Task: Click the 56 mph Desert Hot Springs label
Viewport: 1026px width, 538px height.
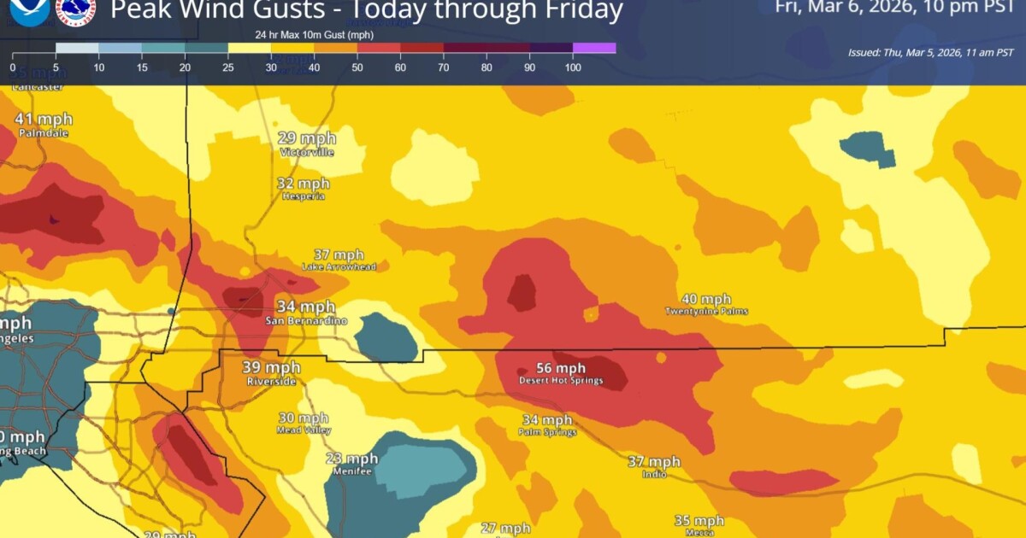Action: (561, 373)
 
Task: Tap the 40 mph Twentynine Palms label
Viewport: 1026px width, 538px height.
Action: (706, 304)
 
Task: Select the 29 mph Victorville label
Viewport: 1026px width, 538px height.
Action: (307, 143)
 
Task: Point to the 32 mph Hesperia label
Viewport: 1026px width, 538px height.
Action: (304, 189)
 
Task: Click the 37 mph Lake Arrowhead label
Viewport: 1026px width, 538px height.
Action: (339, 260)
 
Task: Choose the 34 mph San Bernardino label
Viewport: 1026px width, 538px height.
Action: (305, 313)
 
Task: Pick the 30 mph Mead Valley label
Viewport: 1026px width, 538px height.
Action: (304, 424)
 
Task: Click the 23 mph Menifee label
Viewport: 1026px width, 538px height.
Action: (351, 464)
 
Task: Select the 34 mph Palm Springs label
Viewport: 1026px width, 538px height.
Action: (547, 425)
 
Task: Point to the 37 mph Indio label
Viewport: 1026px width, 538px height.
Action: (654, 466)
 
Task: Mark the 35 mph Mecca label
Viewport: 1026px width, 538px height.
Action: (699, 525)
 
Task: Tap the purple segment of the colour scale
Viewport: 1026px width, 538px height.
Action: (594, 48)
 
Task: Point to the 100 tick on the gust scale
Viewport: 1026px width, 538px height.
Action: (573, 67)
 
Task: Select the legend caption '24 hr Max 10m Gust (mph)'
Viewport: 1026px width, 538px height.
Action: (313, 34)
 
